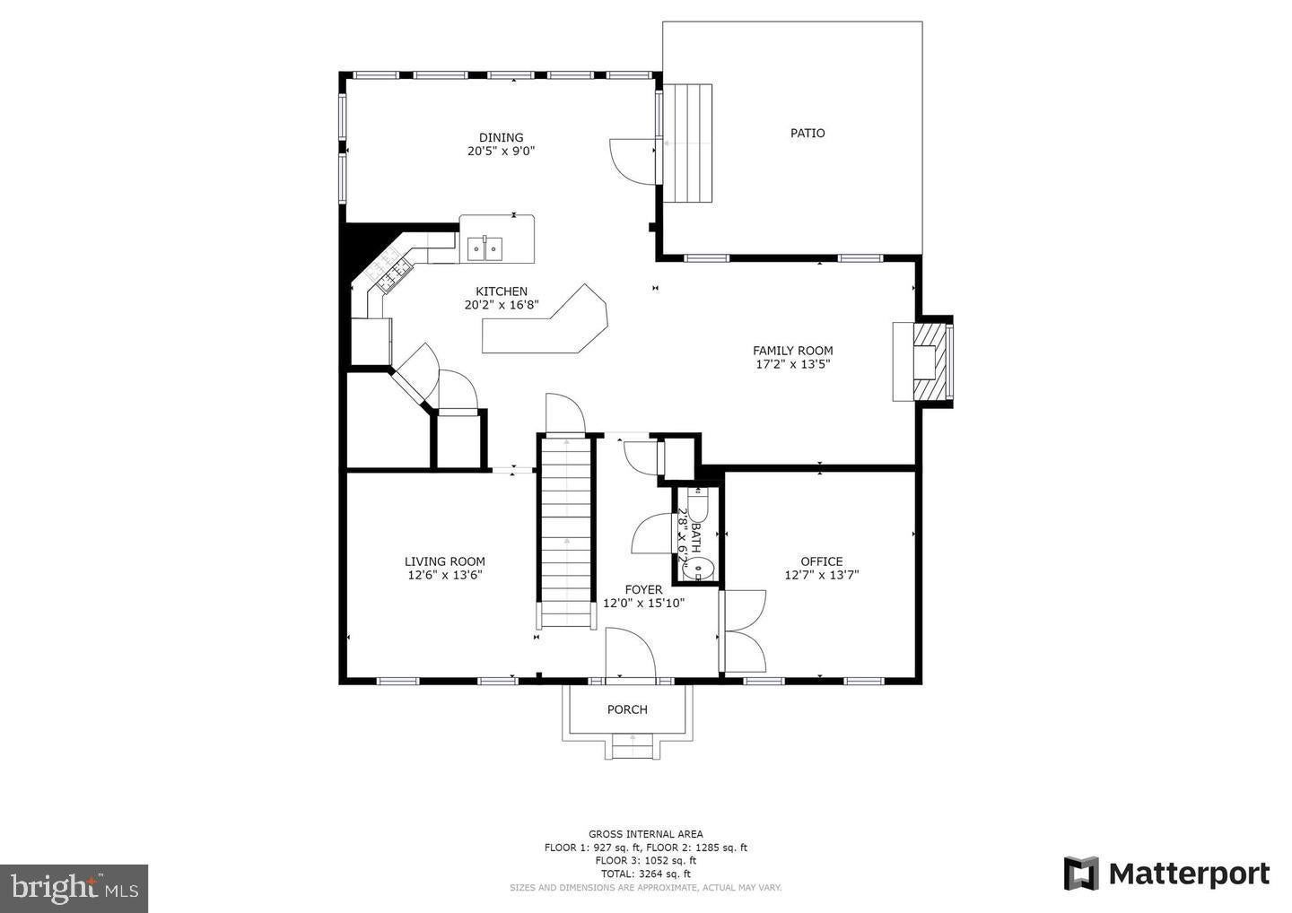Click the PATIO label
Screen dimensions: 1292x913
(x=807, y=133)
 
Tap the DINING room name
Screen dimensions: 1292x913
(x=502, y=137)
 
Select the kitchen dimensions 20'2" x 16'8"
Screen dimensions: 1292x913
(x=502, y=305)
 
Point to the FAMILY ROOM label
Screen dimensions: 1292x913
(x=792, y=351)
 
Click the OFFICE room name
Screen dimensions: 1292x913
(x=821, y=561)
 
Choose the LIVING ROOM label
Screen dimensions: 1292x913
(x=445, y=561)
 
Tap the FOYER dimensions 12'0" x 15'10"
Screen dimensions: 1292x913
(x=643, y=604)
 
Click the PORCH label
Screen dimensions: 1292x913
(x=627, y=709)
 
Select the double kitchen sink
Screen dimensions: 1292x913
(x=484, y=249)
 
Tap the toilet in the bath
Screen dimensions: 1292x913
(x=698, y=504)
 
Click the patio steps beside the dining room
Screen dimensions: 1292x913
(x=687, y=143)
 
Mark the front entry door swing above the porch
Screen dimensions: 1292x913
(x=631, y=653)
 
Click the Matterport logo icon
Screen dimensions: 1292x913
(x=1082, y=874)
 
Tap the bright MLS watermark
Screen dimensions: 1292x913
(x=74, y=888)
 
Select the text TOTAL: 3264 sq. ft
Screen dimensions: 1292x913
(x=645, y=874)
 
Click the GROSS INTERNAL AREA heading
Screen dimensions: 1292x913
(x=645, y=834)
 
